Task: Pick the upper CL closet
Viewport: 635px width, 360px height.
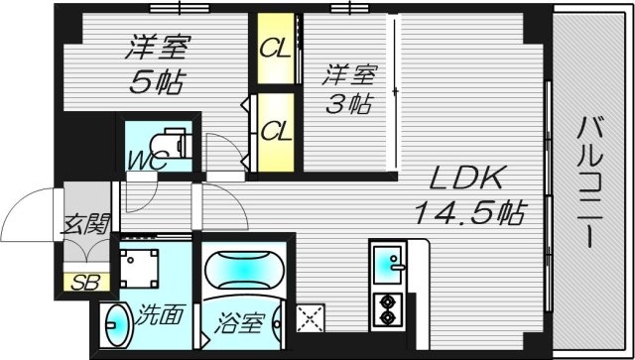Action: [x=275, y=49]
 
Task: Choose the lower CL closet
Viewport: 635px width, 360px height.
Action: [x=275, y=130]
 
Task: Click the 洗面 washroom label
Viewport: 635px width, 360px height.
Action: [x=158, y=316]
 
